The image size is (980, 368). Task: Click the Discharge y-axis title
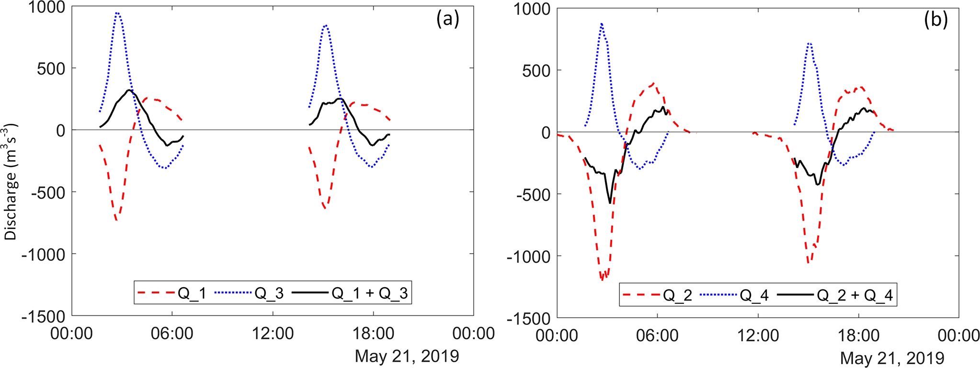click(11, 182)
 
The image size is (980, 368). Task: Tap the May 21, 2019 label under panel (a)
click(407, 356)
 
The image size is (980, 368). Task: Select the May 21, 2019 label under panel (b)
click(892, 358)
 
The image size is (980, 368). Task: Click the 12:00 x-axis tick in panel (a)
click(273, 333)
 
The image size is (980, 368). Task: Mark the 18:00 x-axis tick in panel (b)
click(858, 335)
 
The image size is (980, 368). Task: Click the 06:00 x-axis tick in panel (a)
click(172, 333)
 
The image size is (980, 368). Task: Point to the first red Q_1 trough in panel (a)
click(116, 220)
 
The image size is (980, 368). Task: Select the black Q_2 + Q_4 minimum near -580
click(610, 203)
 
